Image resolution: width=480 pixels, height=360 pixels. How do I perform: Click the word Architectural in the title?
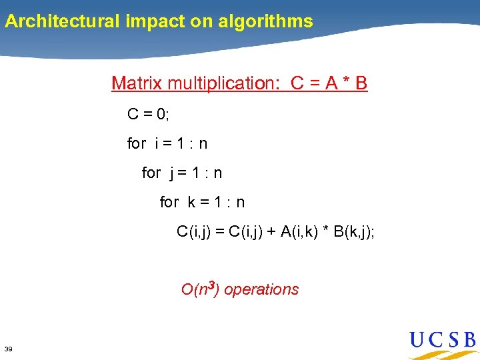pos(62,21)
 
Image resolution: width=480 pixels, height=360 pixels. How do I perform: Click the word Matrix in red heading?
pos(137,83)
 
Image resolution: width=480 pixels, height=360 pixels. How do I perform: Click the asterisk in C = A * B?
pos(345,83)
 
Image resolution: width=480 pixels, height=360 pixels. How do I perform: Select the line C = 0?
pos(149,114)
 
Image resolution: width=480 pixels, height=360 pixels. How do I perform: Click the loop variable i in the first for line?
pos(156,143)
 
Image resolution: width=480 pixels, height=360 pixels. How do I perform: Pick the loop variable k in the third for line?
pos(191,202)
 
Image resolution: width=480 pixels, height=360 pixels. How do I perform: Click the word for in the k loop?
pos(169,202)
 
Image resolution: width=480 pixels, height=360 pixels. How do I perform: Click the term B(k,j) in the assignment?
pos(353,232)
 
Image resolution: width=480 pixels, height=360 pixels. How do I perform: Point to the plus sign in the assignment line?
pos(271,232)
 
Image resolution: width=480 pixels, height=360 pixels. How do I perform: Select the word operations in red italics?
pos(261,290)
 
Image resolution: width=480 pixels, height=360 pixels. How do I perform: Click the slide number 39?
pos(9,349)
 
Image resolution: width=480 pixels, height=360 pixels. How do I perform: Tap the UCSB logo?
pos(443,342)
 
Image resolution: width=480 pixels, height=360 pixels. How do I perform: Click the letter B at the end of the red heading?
pos(361,83)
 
